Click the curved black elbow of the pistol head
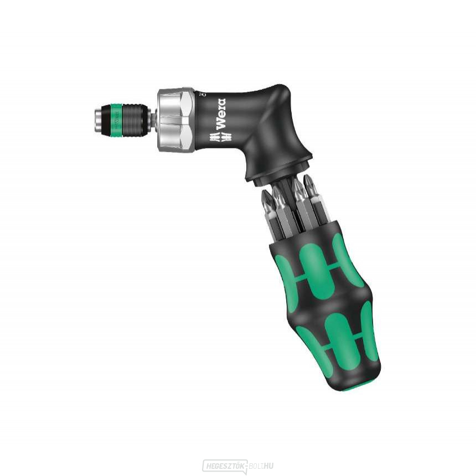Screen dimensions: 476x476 (x=277, y=111)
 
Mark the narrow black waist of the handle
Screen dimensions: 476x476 (x=327, y=302)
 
